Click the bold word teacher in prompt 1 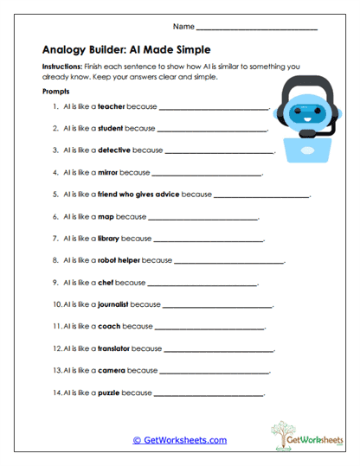click(x=112, y=106)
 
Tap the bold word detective click(x=115, y=150)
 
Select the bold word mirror click(x=109, y=172)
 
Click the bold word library click(x=108, y=238)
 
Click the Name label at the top click(x=183, y=28)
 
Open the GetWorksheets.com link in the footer click(x=180, y=440)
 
